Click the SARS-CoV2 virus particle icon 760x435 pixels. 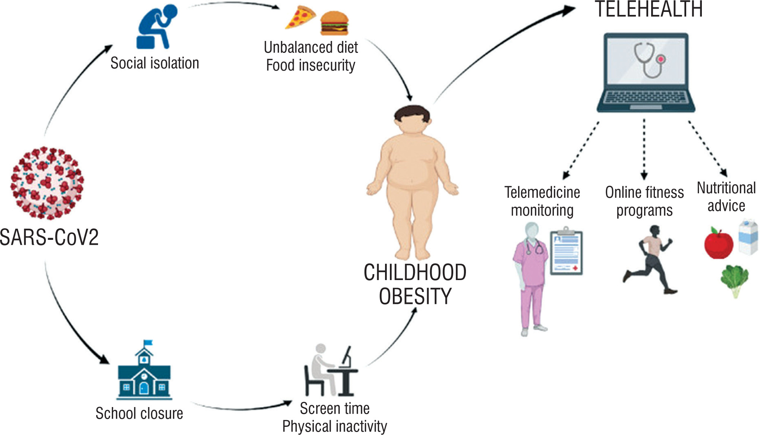(47, 182)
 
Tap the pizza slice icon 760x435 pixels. (299, 17)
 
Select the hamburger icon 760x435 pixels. (334, 23)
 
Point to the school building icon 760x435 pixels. (144, 376)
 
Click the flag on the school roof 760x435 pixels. (148, 342)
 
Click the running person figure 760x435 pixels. (651, 259)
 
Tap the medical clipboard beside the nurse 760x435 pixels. (566, 253)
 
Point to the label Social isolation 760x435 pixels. (155, 63)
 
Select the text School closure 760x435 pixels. (139, 413)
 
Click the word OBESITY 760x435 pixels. (415, 296)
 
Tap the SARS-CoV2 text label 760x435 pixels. (49, 237)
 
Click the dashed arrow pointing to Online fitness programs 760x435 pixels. (644, 149)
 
